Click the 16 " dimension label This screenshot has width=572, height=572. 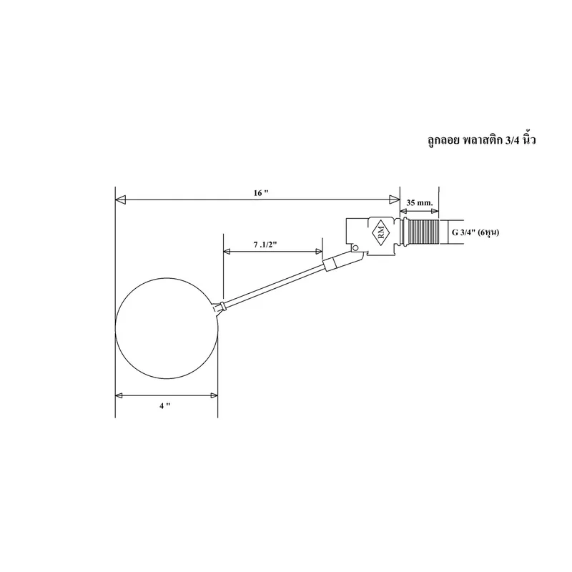pyautogui.click(x=261, y=193)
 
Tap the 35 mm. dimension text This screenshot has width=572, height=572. pyautogui.click(x=420, y=202)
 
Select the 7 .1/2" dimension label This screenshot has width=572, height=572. pyautogui.click(x=265, y=245)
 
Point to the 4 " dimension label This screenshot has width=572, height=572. pyautogui.click(x=165, y=405)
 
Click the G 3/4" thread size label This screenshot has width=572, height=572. pyautogui.click(x=475, y=232)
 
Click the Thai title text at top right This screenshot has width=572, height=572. pyautogui.click(x=481, y=140)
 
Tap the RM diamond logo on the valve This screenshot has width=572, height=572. pyautogui.click(x=381, y=232)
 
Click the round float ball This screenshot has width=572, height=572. pyautogui.click(x=167, y=328)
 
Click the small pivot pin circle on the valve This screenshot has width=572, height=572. pyautogui.click(x=355, y=248)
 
